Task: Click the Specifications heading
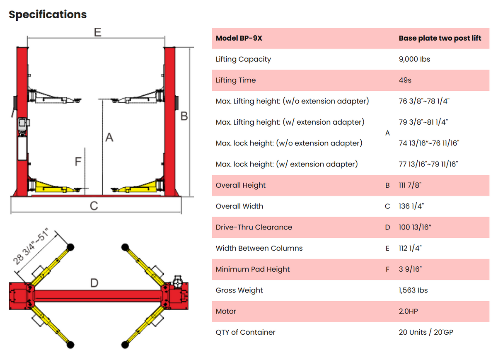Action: click(48, 14)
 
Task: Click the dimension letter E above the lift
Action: click(97, 32)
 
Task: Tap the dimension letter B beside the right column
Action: click(184, 116)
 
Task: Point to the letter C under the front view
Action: click(94, 206)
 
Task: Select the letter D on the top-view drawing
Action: click(94, 283)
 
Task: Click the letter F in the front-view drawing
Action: click(77, 161)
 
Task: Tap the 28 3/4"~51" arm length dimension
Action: click(31, 247)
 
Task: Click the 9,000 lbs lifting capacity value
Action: click(414, 59)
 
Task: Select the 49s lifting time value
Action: click(405, 80)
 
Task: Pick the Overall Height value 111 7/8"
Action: click(410, 185)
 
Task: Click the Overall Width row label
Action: click(239, 206)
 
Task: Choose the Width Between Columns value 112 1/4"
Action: click(410, 248)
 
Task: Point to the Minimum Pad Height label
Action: click(252, 269)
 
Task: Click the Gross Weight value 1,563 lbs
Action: click(414, 290)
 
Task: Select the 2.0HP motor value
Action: click(408, 311)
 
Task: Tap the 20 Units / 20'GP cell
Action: click(426, 332)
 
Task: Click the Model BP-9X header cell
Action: click(239, 39)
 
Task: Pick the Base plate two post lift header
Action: click(440, 39)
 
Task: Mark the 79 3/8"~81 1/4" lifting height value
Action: click(423, 122)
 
